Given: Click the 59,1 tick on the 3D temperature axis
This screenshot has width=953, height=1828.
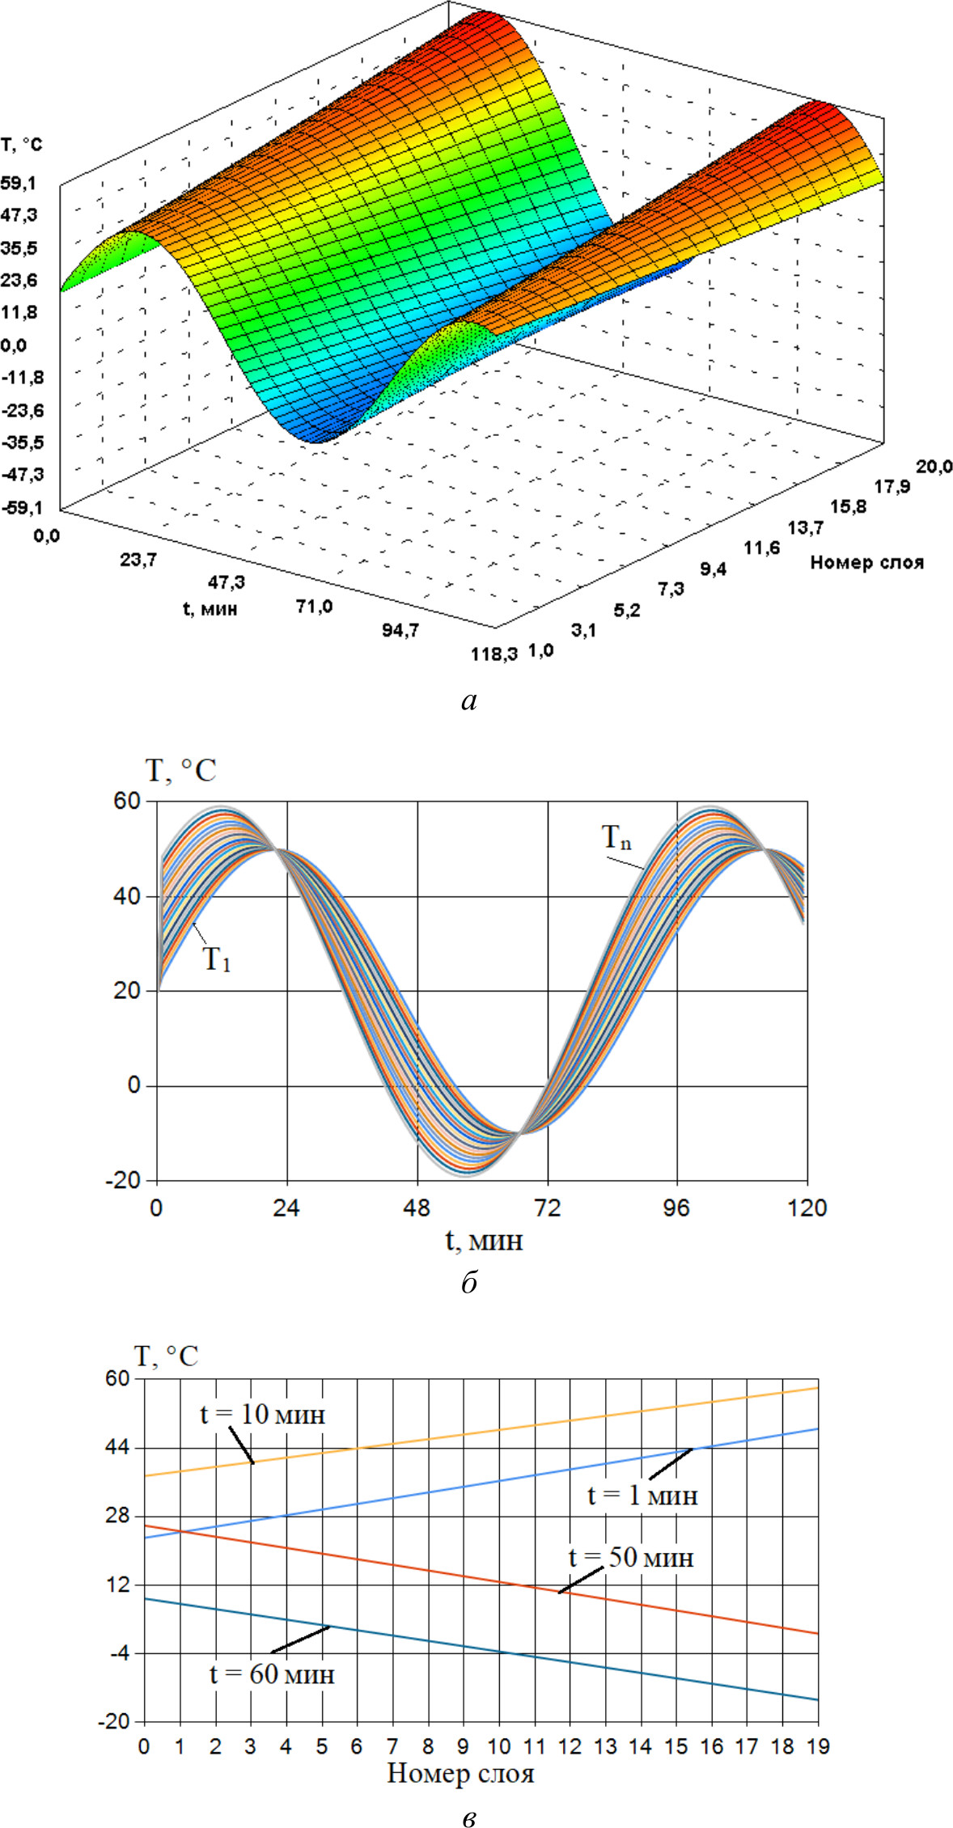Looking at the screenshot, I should (x=18, y=184).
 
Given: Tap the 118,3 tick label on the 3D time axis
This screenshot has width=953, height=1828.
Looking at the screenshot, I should (x=494, y=654).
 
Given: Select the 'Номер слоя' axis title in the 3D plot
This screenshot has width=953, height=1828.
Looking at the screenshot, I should (x=866, y=562).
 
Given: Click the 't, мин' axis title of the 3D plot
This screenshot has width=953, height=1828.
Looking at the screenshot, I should (x=210, y=608).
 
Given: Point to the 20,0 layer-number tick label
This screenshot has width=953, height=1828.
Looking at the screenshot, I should (x=934, y=466).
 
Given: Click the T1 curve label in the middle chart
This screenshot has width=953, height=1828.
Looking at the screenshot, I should (x=216, y=959).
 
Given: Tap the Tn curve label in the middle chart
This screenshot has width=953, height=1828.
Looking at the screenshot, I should (x=616, y=837).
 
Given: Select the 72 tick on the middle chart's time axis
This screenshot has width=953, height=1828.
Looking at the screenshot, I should (x=548, y=1208).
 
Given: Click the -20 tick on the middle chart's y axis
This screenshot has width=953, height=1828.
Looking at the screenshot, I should (x=123, y=1180).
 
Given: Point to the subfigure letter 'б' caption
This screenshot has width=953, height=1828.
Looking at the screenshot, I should (x=470, y=1283).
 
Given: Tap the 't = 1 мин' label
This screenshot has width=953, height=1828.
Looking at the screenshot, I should (x=642, y=1496).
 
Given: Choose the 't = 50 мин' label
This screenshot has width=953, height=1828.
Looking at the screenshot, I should (x=631, y=1557).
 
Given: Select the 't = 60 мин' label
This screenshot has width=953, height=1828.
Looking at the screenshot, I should (x=272, y=1674).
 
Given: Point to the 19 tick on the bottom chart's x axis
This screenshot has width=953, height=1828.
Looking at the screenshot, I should (x=818, y=1745).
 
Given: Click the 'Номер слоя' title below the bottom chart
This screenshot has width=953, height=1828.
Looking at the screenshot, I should (x=460, y=1774).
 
